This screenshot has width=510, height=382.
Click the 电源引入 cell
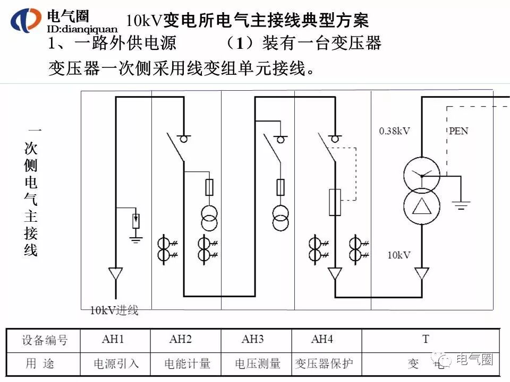tap(116, 363)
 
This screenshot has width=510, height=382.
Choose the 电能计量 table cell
tap(187, 363)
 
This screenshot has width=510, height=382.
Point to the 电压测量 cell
tap(257, 363)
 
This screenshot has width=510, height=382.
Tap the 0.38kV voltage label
tap(394, 131)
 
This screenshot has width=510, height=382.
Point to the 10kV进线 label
tap(114, 310)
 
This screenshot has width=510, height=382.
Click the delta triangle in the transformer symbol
tap(421, 206)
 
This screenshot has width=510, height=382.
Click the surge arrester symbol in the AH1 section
tap(136, 220)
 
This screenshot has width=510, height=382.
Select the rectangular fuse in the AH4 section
tap(334, 202)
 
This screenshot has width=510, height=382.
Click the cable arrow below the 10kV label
tap(422, 274)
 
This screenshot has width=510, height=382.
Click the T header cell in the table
tap(426, 339)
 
